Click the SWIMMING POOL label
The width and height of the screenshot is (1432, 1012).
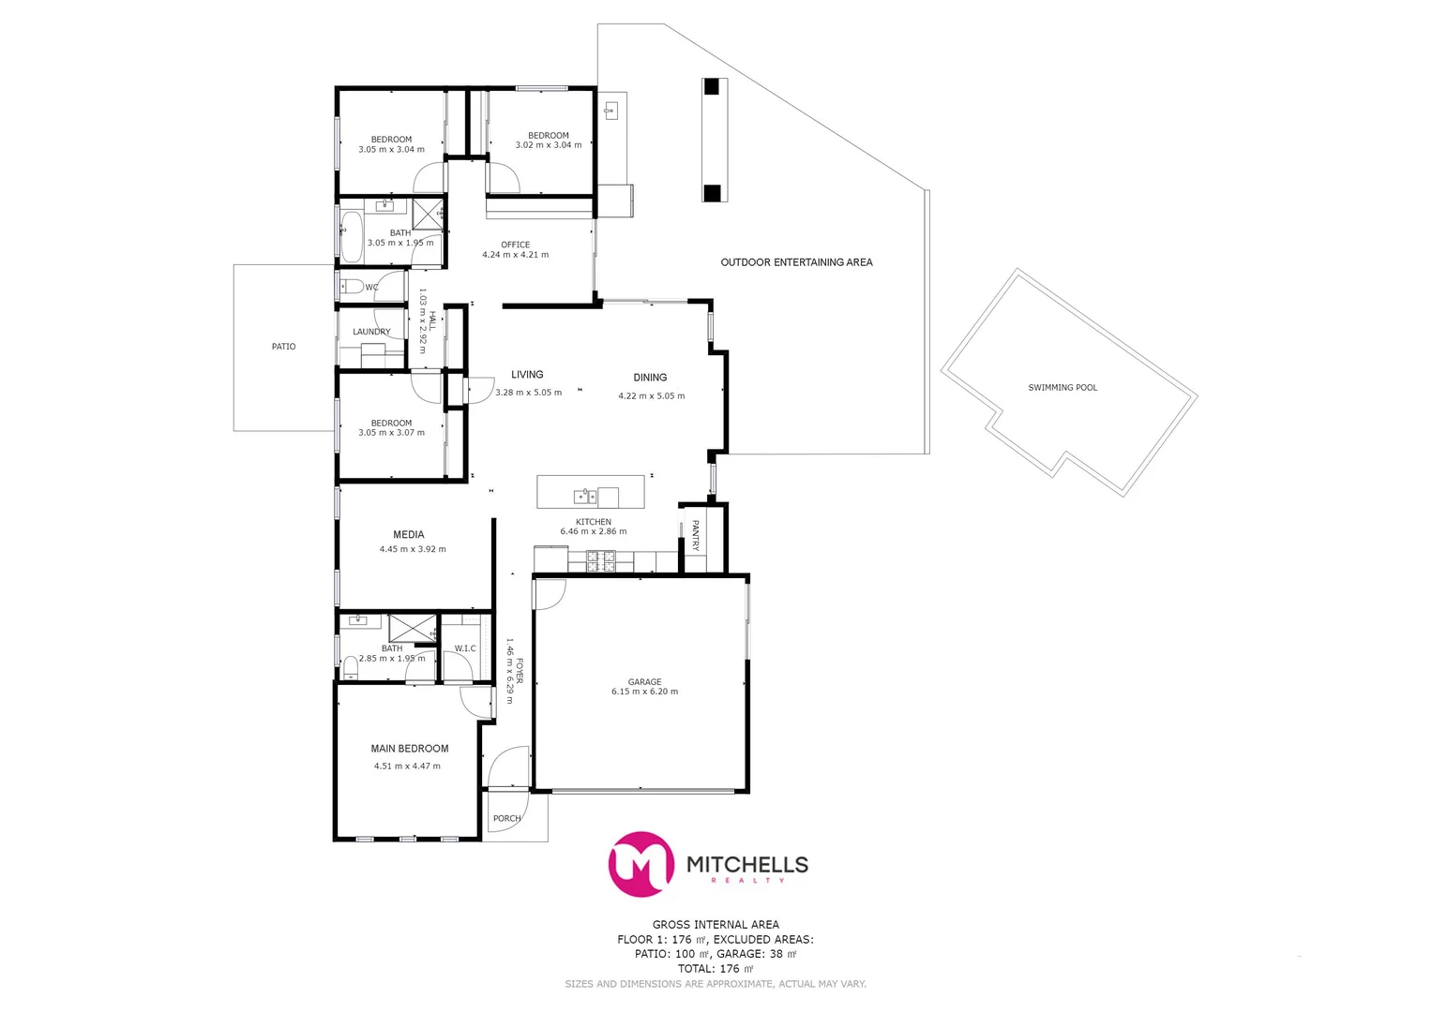click(1062, 388)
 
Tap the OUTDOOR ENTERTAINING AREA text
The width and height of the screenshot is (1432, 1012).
click(796, 262)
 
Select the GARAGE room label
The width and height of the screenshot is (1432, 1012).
click(644, 682)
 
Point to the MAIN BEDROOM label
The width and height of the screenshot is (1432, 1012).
click(409, 749)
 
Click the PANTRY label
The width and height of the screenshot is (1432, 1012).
click(695, 535)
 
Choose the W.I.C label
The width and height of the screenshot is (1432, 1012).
click(465, 648)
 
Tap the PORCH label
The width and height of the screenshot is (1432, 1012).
click(506, 819)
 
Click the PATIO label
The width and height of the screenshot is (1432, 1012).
click(283, 347)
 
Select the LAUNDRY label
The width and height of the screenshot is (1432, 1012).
click(371, 332)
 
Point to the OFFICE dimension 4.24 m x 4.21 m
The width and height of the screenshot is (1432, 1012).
click(515, 255)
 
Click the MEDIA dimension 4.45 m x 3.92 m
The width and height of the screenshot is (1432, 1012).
click(413, 549)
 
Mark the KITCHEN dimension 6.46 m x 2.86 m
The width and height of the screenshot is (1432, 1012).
click(594, 531)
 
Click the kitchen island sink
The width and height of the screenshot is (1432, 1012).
click(584, 496)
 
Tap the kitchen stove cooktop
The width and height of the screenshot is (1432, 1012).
click(600, 561)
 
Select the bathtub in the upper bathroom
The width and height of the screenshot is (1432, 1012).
click(352, 237)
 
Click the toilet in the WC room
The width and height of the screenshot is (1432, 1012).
click(349, 286)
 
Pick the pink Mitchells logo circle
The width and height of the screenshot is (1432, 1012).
click(641, 864)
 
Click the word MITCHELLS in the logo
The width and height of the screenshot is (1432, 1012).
click(747, 864)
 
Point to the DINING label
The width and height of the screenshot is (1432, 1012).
click(650, 378)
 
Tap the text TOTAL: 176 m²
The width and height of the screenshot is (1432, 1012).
click(716, 969)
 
